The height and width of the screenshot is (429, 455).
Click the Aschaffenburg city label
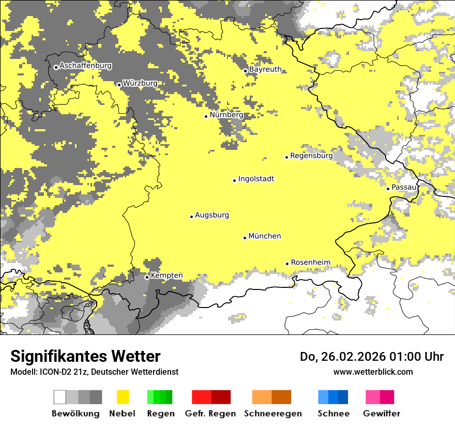[x=85, y=66]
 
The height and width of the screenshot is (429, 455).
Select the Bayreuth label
[x=265, y=69]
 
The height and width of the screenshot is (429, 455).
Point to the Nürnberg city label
[x=226, y=115]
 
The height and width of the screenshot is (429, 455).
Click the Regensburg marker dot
[x=286, y=157]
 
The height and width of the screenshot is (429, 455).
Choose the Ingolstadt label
[x=256, y=179]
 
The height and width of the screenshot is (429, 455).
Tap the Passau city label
[x=404, y=187]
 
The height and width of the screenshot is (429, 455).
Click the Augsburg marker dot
[x=191, y=217]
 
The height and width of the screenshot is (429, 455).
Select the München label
[x=265, y=236]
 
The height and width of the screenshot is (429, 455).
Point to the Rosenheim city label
[x=310, y=263]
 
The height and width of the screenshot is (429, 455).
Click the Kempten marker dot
[x=147, y=277]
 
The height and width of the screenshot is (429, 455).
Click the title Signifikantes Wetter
[x=85, y=357]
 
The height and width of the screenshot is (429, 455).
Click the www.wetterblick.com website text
[x=373, y=372]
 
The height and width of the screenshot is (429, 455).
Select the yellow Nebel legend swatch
[x=123, y=397]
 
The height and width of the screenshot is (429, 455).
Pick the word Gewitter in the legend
[x=381, y=413]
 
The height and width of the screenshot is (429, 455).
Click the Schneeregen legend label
[x=273, y=413]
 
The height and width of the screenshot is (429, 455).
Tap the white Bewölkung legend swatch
[x=60, y=397]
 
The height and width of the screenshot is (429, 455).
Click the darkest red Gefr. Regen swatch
[x=221, y=397]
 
